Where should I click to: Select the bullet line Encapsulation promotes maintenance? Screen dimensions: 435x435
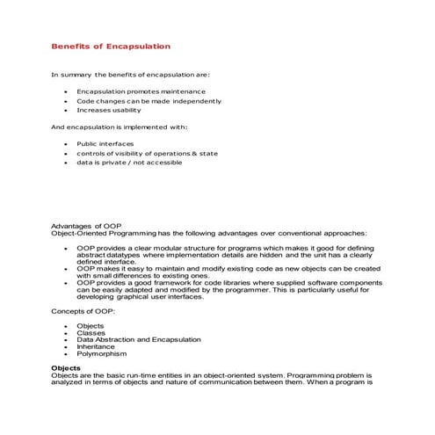coord(141,91)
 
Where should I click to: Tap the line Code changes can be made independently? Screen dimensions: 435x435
coord(149,100)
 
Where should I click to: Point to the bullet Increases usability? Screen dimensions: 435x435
coord(110,110)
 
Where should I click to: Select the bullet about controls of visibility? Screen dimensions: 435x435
coord(147,153)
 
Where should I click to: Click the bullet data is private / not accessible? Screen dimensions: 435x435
coord(129,163)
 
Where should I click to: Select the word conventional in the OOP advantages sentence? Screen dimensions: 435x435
coord(312,233)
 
